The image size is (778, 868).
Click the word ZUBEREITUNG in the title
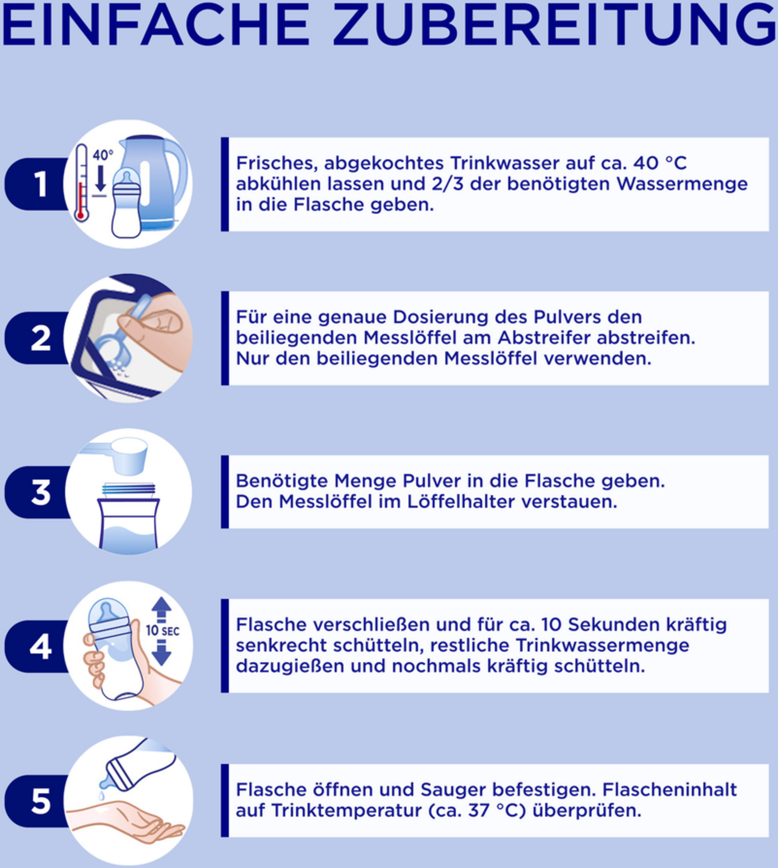coord(554,25)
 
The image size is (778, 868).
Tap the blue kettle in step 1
coord(154,182)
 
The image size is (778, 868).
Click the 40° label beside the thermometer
coord(103,155)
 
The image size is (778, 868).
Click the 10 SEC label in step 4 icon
coord(163,631)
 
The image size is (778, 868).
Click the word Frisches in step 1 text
coord(277,163)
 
